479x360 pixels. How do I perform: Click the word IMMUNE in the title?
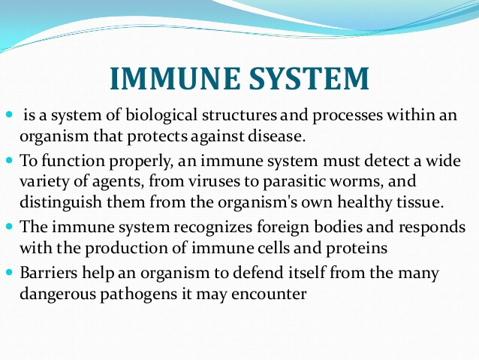175,78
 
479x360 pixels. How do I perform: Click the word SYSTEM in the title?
309,78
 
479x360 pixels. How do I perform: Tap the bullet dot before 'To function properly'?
9,159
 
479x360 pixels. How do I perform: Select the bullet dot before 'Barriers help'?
9,271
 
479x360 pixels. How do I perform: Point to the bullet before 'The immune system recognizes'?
9,226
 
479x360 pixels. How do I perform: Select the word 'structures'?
239,116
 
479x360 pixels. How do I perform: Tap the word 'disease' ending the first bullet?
276,136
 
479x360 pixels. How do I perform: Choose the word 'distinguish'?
61,203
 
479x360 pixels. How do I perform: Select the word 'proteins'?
357,249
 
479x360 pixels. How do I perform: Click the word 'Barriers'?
49,272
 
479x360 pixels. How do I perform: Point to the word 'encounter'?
269,295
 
